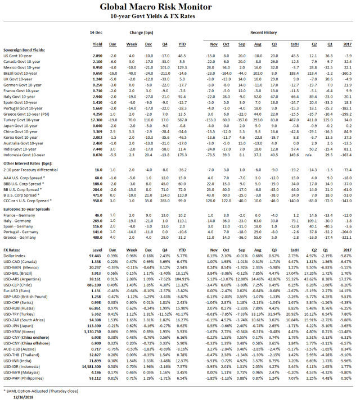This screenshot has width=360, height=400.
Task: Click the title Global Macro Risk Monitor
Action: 180,7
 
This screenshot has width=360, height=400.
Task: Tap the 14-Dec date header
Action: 96,33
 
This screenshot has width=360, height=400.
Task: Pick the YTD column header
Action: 182,43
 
